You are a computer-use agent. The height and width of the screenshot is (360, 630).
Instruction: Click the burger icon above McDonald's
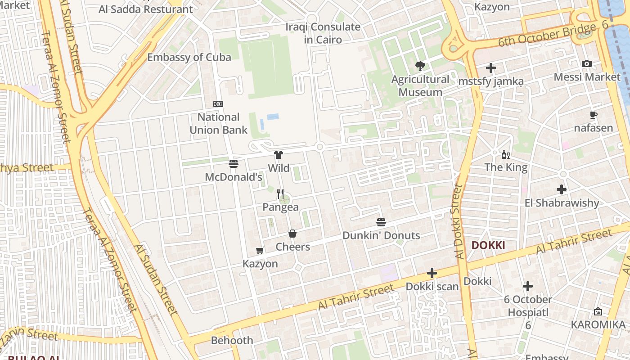point(233,164)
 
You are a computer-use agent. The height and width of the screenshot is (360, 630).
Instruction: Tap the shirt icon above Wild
point(279,155)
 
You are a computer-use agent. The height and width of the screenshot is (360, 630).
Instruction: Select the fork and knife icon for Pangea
point(280,194)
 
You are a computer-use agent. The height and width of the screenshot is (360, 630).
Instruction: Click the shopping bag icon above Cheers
point(292,234)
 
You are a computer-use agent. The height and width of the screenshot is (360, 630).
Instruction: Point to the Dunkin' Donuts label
point(381,235)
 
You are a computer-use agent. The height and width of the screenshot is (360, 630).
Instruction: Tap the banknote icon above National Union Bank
point(218,104)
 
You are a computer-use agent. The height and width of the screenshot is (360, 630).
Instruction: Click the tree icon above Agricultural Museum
point(420,66)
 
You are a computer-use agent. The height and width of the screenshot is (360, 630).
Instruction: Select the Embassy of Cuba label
point(189,57)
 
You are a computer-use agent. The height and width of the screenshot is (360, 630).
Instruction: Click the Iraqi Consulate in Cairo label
point(323,33)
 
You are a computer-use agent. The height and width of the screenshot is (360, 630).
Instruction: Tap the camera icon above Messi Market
point(587,64)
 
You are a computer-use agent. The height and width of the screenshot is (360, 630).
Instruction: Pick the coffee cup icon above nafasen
point(594,115)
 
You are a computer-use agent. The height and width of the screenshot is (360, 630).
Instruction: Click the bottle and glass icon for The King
point(506,155)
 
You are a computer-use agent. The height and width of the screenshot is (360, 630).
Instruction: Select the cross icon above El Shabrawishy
point(561,189)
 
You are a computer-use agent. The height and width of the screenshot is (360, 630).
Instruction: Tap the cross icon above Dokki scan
point(432,273)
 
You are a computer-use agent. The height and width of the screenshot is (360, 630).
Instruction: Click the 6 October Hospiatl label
point(528,306)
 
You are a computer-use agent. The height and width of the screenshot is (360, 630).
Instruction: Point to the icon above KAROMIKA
point(598,311)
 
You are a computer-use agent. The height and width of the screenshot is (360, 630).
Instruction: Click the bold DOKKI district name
point(488,246)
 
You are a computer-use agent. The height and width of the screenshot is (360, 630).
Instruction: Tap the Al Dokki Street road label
point(459,220)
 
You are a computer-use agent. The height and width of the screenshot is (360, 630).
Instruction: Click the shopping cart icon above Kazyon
point(260,250)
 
